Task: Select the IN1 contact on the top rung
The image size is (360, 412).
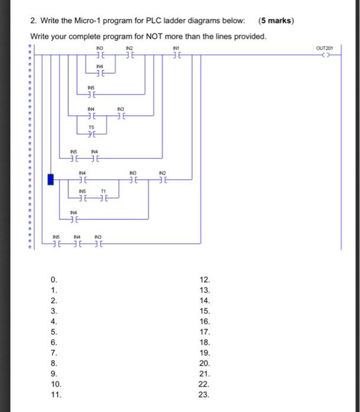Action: click(x=174, y=56)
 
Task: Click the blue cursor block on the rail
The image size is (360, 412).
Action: click(x=51, y=179)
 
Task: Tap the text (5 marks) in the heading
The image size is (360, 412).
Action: click(x=276, y=21)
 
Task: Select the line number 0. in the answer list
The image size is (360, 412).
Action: click(x=54, y=280)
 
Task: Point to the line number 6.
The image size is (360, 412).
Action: click(x=54, y=343)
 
